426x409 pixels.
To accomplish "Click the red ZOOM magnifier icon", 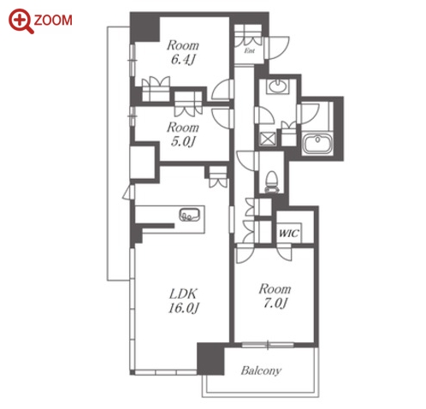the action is pos(21,21).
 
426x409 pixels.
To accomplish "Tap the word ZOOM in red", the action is pos(53,21).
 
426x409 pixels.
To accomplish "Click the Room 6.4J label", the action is pos(183,52).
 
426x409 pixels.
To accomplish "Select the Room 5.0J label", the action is pos(183,134).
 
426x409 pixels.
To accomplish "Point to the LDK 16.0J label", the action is pos(183,301).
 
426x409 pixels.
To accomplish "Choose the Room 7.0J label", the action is pos(275,296).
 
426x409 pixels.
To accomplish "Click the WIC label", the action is pos(289,234).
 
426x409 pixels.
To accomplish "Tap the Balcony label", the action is pos(261,370).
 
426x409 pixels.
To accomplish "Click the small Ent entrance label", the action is pos(250,51).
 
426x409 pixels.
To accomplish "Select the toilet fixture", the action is pos(271,182).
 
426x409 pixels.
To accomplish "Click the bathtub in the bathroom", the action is pos(317,144).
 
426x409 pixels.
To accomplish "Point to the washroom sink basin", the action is pos(277,86).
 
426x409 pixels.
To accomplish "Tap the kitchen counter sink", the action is pos(190,214).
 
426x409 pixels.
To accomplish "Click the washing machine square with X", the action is pos(268,139).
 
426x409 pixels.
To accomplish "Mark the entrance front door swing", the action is pos(276,48).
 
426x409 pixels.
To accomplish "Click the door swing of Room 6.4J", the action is pos(222,89).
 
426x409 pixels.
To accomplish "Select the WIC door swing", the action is pos(285,252).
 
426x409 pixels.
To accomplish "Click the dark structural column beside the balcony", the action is pos(210,359).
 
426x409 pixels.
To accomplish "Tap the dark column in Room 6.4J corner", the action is pos(145,27).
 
